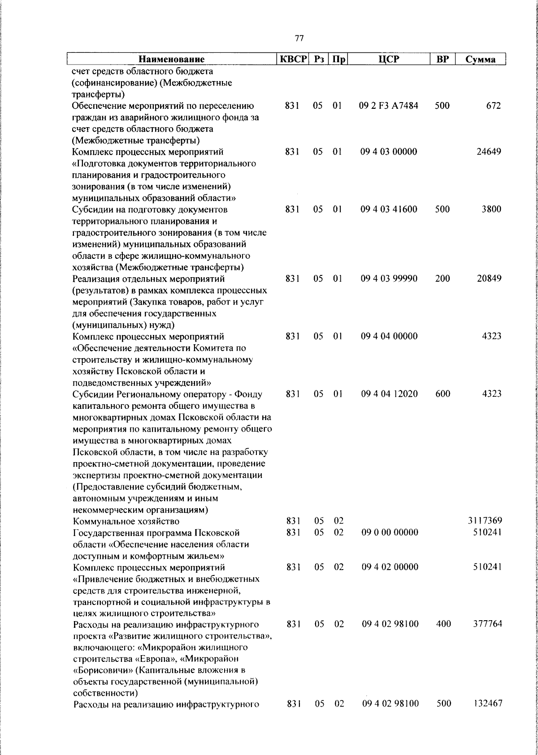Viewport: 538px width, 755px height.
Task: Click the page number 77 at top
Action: [x=300, y=39]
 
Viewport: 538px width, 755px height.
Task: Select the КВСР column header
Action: [x=292, y=59]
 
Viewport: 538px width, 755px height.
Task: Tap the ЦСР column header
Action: [x=389, y=59]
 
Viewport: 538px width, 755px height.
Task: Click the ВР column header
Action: [x=443, y=59]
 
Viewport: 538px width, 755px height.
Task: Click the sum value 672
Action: [x=493, y=106]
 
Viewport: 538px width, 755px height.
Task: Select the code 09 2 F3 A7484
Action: [x=389, y=106]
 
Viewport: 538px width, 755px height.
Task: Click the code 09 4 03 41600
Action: [x=389, y=209]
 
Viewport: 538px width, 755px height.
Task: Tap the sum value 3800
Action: [x=491, y=209]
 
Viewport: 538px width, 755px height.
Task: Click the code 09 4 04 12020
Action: [x=389, y=394]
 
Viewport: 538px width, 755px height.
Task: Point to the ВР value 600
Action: [x=443, y=394]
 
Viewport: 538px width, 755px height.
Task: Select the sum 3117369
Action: [x=485, y=521]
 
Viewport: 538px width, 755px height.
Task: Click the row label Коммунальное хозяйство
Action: [x=126, y=521]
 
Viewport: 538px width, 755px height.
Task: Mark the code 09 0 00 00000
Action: [x=389, y=532]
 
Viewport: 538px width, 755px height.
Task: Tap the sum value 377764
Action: [x=487, y=624]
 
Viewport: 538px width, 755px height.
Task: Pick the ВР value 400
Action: [x=443, y=624]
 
